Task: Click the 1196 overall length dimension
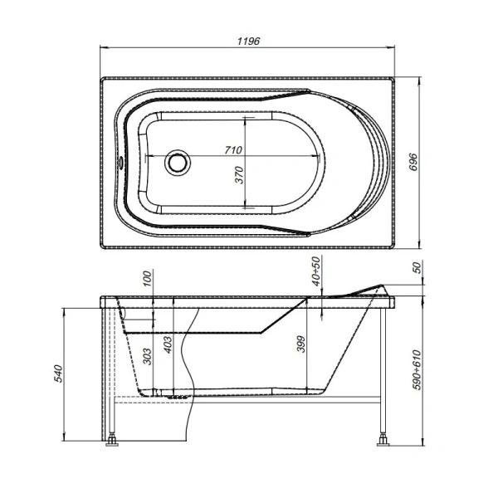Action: (x=248, y=41)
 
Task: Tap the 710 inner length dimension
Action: (x=232, y=150)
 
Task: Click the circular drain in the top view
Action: (x=176, y=161)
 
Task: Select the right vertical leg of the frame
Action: (x=384, y=365)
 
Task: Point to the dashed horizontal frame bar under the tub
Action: (x=249, y=400)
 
